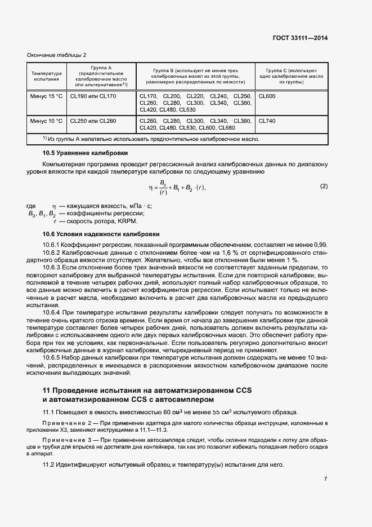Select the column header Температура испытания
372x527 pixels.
(46, 76)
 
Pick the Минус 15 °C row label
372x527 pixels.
(46, 96)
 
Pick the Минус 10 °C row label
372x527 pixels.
(46, 121)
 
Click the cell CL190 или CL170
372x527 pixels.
(93, 96)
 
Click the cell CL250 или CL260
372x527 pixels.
(93, 121)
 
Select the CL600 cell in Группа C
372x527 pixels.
(267, 96)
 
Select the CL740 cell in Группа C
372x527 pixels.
(267, 121)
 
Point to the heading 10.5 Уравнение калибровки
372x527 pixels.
(85, 153)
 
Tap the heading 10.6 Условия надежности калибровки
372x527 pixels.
(101, 233)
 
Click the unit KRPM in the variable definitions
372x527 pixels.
(127, 221)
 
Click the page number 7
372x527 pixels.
(325, 479)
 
